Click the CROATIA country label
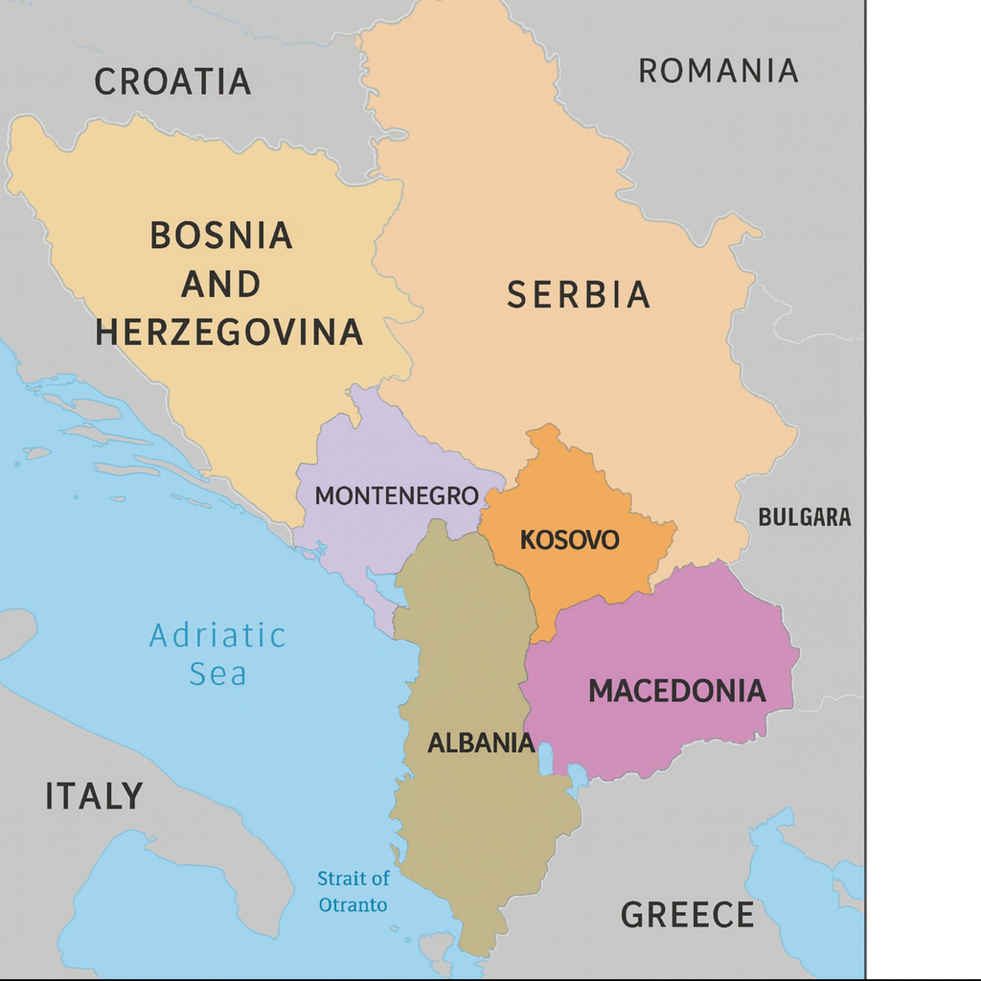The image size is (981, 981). pos(172,81)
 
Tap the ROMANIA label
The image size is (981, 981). pos(718,71)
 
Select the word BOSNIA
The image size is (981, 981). pos(221,235)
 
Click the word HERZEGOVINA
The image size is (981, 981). pos(229,332)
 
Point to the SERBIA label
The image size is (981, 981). pos(579,295)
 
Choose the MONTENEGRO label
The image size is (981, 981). pos(397,496)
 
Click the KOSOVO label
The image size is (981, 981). pos(570,540)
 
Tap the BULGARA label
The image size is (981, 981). pos(804,517)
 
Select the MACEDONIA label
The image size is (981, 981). pos(677,691)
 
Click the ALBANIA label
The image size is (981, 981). pos(481,743)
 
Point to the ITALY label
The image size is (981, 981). pos(94,796)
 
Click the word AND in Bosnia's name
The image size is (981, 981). pos(221,284)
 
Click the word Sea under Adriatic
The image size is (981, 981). pos(218,673)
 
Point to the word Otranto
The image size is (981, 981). pos(353,905)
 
